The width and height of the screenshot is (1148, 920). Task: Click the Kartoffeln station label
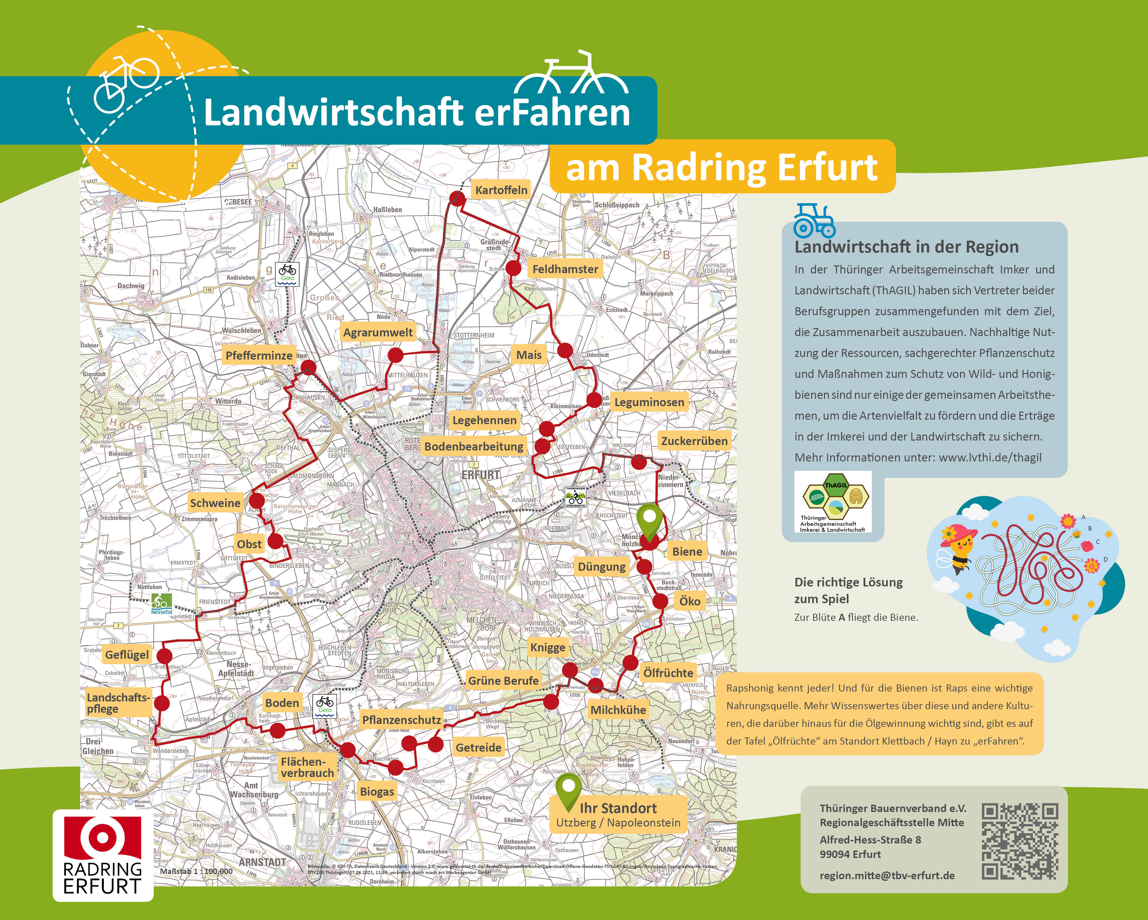[501, 190]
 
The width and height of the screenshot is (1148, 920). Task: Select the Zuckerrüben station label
[694, 441]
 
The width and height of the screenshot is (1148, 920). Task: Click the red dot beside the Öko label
[660, 602]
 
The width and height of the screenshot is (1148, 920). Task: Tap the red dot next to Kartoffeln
[457, 198]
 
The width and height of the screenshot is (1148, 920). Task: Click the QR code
[1020, 842]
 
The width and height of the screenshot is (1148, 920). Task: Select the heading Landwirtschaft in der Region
[906, 247]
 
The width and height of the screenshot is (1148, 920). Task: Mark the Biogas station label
[377, 792]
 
